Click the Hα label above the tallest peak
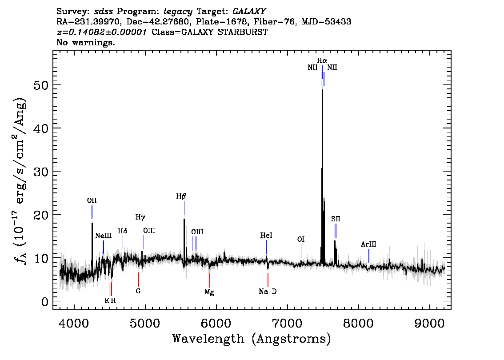[x=322, y=60]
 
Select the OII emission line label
[x=92, y=201]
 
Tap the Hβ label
[x=180, y=196]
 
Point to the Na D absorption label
[x=268, y=292]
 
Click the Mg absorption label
[x=209, y=292]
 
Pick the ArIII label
[x=368, y=244]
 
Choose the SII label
[x=336, y=219]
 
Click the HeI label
[x=266, y=236]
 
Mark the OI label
[x=301, y=240]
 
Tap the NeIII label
[x=104, y=236]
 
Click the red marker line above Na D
[x=268, y=280]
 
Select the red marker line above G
[x=139, y=279]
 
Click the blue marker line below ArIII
[x=369, y=256]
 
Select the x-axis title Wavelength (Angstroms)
[x=252, y=339]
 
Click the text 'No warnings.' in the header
[x=86, y=43]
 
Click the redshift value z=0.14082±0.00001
[x=102, y=32]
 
